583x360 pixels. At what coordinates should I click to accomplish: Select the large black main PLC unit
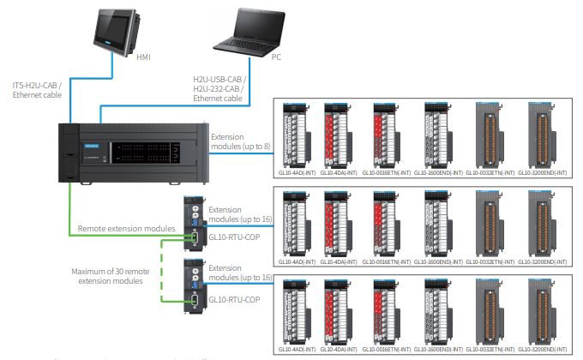pos(133,153)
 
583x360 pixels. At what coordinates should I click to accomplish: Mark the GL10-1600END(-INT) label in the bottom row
pos(440,349)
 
